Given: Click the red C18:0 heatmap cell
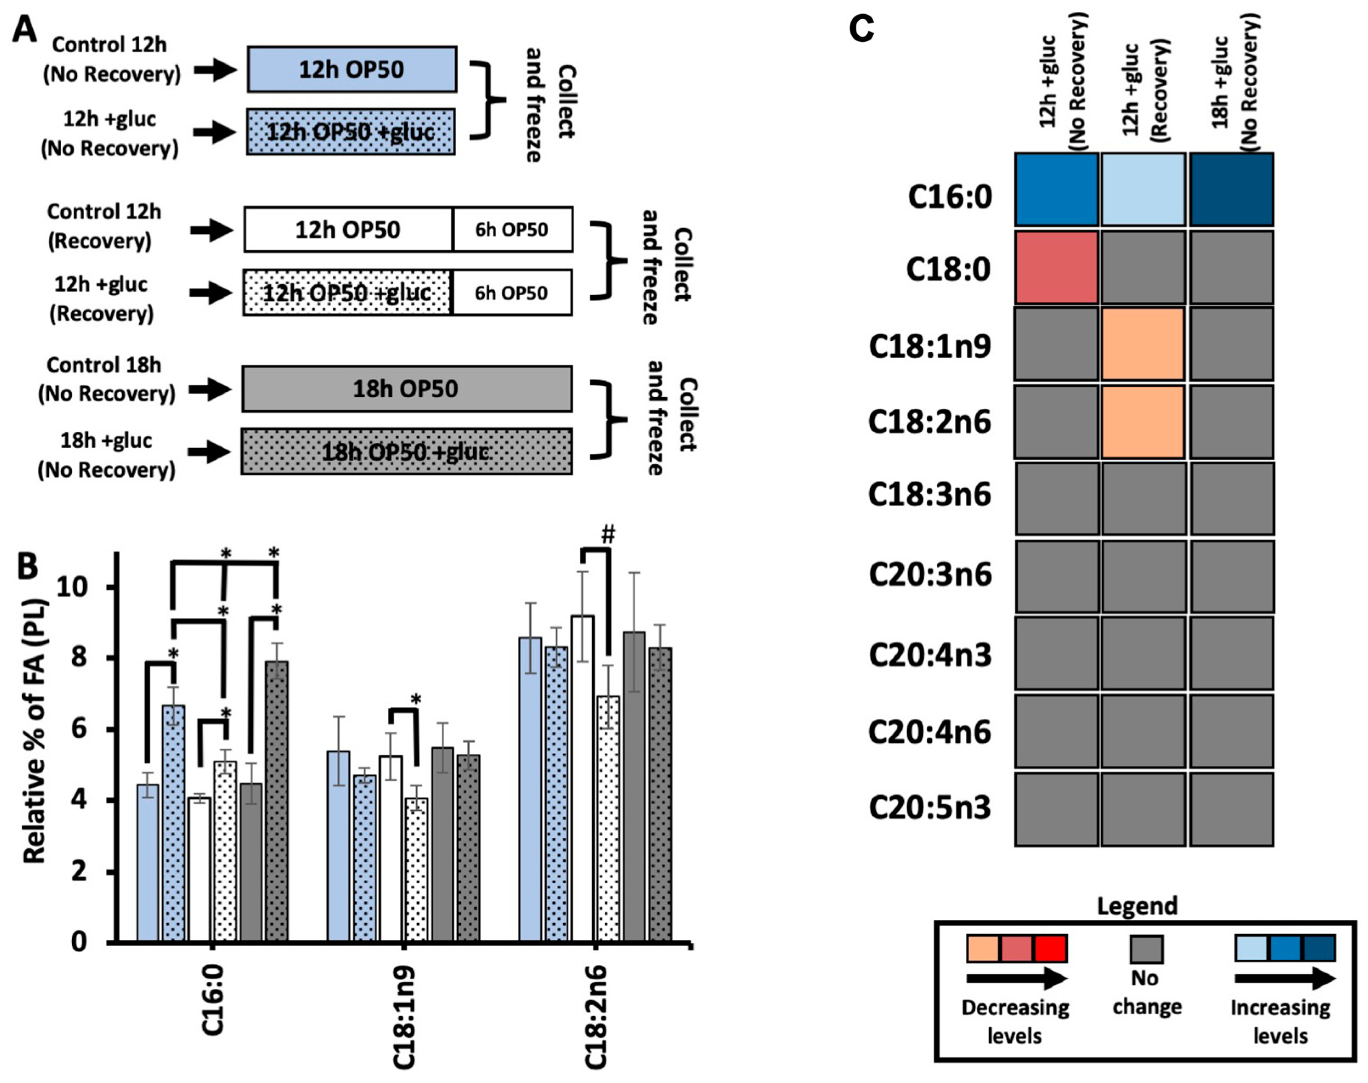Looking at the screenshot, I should pos(1056,267).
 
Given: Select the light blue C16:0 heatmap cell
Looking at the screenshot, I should pos(1143,189).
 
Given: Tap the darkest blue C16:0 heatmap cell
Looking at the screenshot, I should pos(1231,189).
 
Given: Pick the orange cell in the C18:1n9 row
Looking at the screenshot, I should pos(1143,344).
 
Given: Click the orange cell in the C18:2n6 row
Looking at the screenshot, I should pos(1143,421).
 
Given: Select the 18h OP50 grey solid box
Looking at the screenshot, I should pos(406,389).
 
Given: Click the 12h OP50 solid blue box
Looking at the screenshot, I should pos(352,69).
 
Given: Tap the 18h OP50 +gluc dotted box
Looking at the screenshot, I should pos(406,452).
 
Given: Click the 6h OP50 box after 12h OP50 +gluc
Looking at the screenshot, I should pos(512,293).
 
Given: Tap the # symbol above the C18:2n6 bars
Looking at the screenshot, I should pos(608,534).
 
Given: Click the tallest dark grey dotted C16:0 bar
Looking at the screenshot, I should pos(276,799).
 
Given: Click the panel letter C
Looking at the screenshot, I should pos(861,28).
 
